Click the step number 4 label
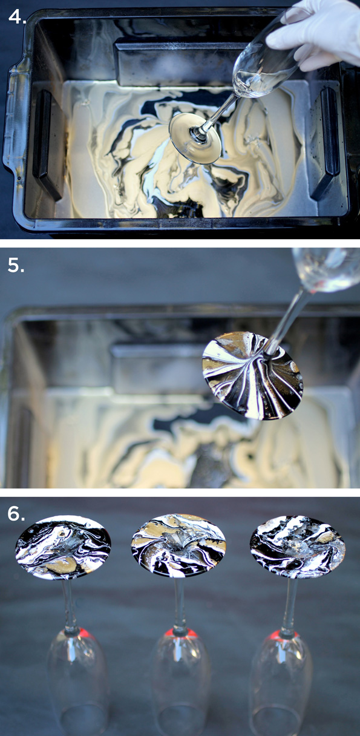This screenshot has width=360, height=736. (16, 16)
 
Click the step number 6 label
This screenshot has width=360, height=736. (16, 513)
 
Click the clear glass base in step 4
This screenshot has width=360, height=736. (195, 137)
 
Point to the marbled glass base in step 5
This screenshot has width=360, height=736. (252, 375)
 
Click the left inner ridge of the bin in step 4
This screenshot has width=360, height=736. (46, 145)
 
